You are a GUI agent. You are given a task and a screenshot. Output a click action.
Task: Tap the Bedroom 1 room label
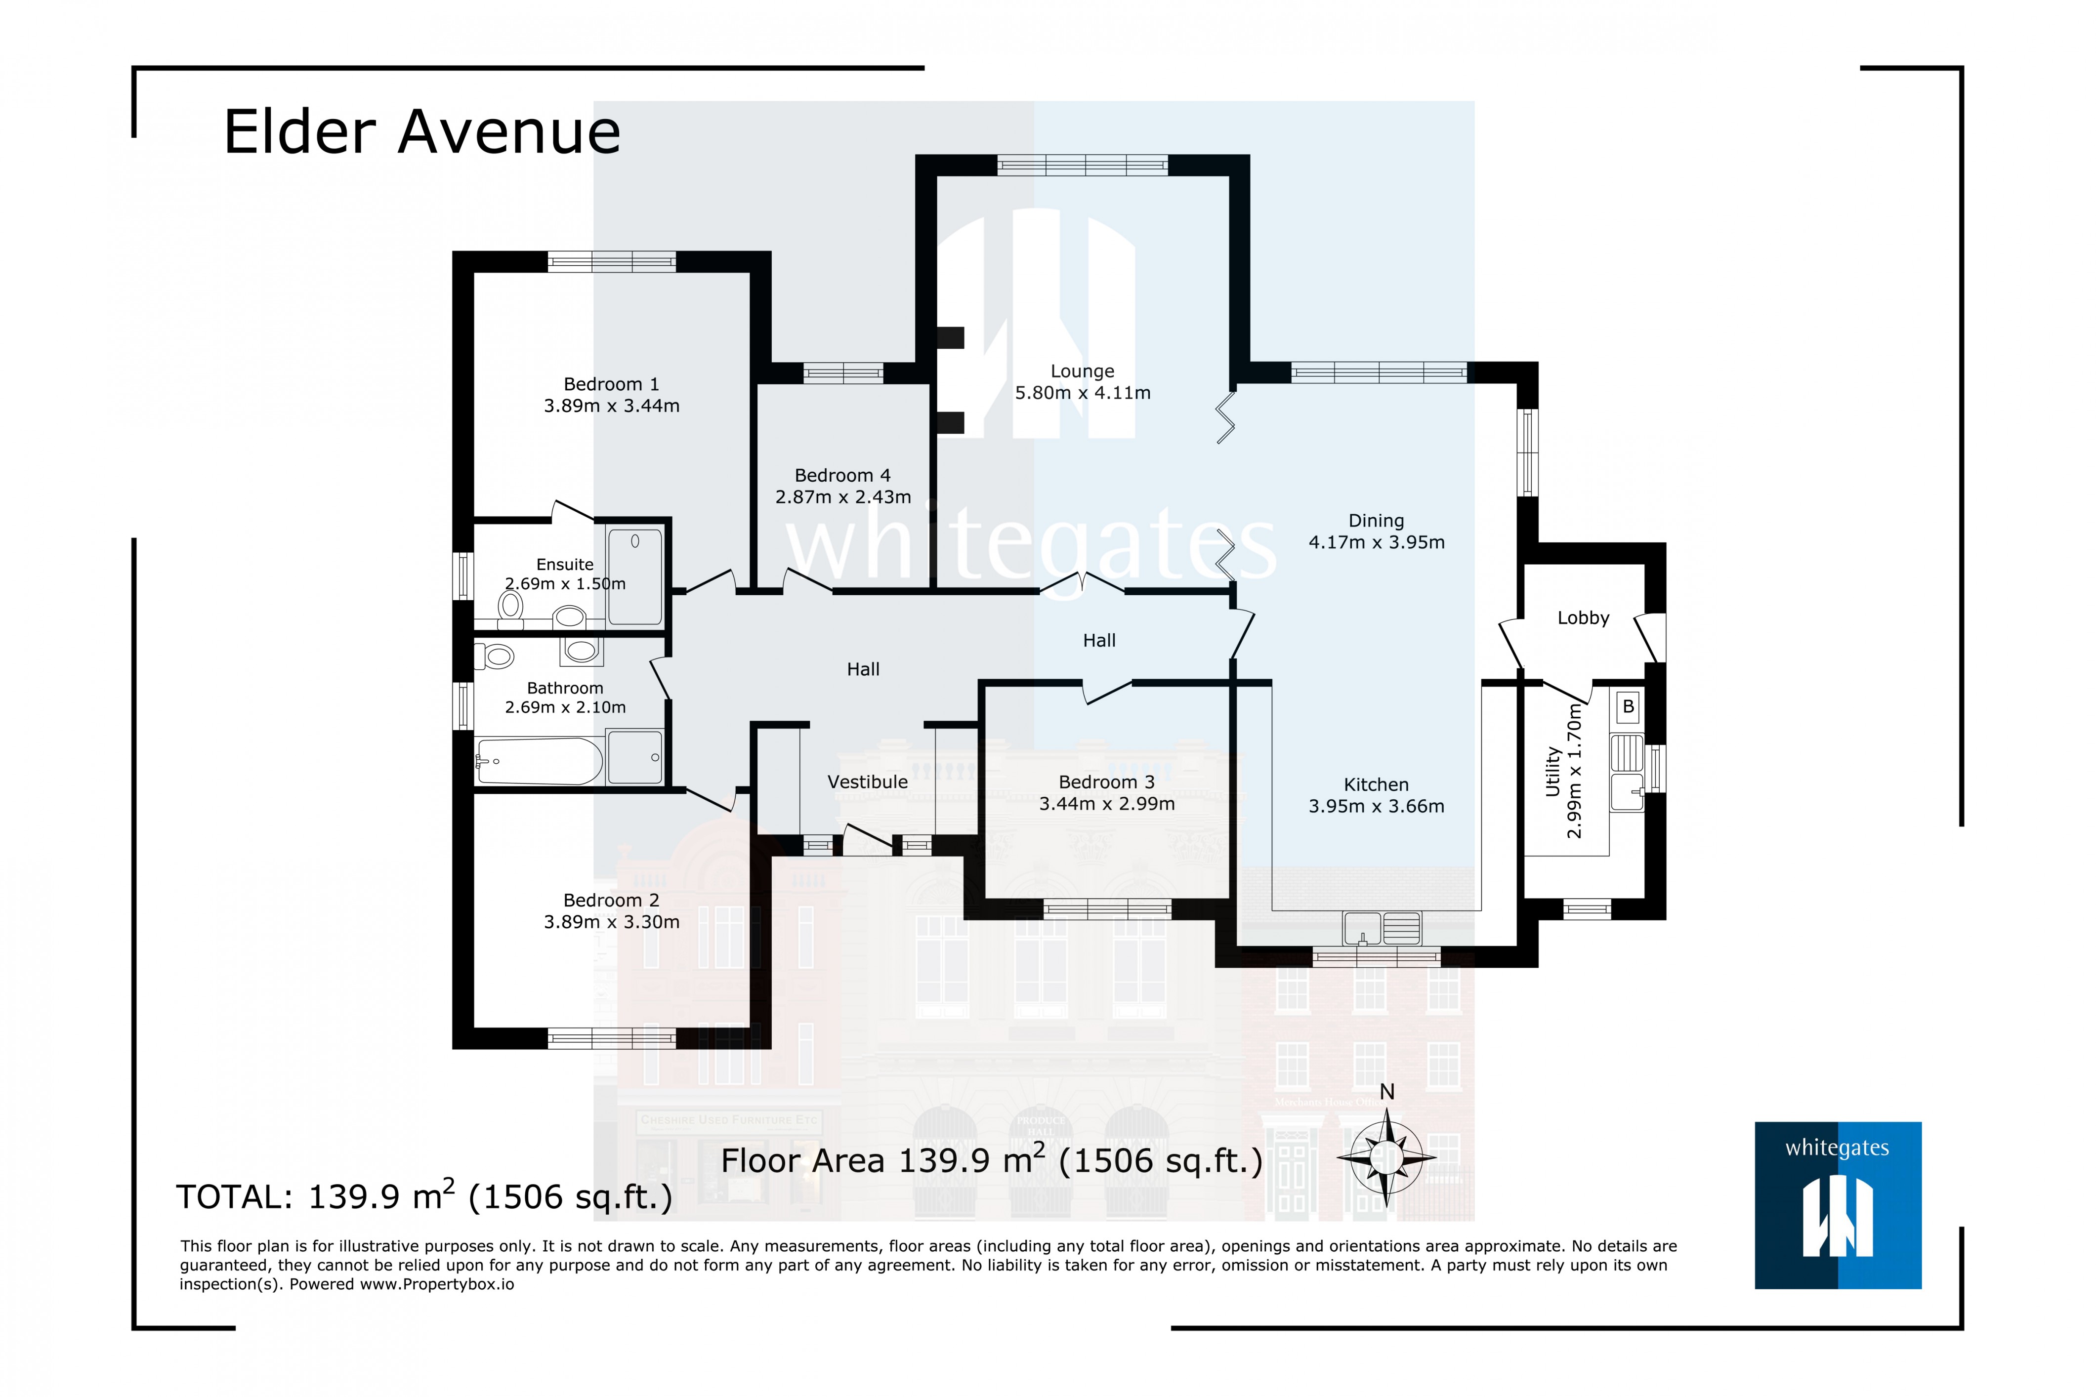[x=611, y=384]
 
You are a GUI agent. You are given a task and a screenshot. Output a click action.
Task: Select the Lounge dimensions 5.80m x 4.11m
[x=1082, y=393]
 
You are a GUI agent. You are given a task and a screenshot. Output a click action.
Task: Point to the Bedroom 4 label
[x=842, y=476]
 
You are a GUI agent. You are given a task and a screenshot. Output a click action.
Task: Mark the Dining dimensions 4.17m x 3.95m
[x=1376, y=542]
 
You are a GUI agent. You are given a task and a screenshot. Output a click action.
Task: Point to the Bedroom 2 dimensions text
[x=611, y=922]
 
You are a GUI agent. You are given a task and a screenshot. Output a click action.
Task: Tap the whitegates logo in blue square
[x=1838, y=1204]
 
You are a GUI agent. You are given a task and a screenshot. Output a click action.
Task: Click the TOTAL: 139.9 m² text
[x=423, y=1196]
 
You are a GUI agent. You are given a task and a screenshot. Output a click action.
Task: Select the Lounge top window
[x=1082, y=165]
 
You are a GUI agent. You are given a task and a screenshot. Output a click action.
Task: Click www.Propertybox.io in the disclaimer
[x=437, y=1284]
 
